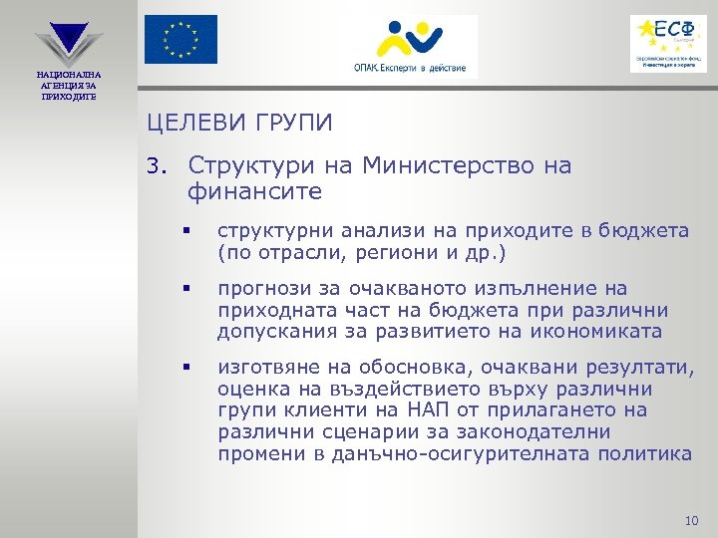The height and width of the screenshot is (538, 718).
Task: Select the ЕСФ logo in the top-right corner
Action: click(x=668, y=43)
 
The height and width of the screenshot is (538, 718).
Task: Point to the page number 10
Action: click(x=693, y=521)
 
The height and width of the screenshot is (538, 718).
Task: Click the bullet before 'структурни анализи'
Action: click(x=185, y=232)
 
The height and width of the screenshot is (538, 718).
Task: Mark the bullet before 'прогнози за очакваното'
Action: click(x=185, y=289)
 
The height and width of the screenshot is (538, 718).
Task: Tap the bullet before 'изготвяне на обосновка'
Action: click(x=185, y=368)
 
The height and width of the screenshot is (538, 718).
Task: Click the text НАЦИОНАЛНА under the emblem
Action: click(x=69, y=75)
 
